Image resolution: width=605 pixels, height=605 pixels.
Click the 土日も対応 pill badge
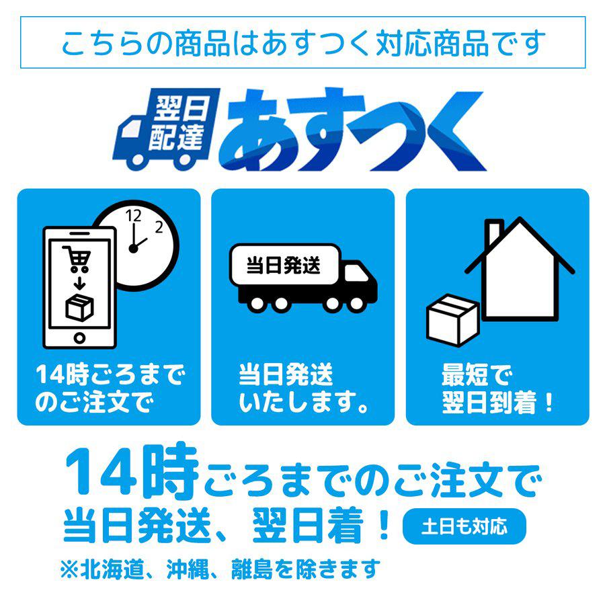click(x=464, y=526)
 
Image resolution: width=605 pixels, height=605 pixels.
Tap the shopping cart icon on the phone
click(x=77, y=259)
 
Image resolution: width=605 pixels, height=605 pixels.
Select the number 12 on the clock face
click(x=133, y=216)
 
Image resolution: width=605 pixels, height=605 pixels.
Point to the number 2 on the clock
click(x=159, y=227)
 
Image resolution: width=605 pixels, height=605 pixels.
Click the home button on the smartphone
click(x=79, y=338)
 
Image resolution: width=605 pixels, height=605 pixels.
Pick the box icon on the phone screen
click(x=79, y=307)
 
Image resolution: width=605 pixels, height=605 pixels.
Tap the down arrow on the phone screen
click(x=79, y=284)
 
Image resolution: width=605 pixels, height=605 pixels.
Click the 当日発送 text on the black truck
click(x=284, y=265)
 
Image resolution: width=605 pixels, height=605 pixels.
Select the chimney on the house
click(x=494, y=231)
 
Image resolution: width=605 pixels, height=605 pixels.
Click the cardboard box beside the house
click(x=453, y=320)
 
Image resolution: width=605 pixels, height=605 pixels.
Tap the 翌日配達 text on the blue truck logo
click(x=179, y=124)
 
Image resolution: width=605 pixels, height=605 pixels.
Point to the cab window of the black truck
click(x=356, y=273)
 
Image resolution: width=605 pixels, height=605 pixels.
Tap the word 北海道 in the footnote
click(x=112, y=569)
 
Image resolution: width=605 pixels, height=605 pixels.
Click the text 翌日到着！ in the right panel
click(x=497, y=403)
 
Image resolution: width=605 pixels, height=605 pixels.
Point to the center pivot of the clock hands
click(x=133, y=249)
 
